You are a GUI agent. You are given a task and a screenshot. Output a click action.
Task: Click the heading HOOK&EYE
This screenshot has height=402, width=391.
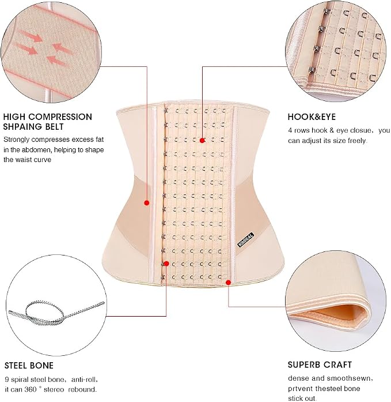point(312,117)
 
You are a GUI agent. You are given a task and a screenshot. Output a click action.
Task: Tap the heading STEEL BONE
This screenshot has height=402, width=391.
point(29,365)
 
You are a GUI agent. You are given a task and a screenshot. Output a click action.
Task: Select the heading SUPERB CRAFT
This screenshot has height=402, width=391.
point(320,365)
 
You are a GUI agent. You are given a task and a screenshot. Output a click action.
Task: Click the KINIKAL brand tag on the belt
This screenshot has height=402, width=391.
point(246,240)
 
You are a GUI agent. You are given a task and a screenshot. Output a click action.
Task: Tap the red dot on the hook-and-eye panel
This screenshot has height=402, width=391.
point(202,140)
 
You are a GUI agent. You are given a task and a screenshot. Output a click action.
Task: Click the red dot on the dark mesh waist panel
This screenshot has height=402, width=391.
point(147,203)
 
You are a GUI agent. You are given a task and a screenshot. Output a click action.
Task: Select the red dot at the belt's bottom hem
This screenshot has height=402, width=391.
point(229,282)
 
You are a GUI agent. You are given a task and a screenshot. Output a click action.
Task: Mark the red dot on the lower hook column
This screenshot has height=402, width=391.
point(166,264)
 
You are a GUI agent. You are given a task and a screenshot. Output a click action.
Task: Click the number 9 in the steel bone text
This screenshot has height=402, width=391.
point(7,380)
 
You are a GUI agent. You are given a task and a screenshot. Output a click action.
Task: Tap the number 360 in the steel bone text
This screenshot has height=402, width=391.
point(31,389)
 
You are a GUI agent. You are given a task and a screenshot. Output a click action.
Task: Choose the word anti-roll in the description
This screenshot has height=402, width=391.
point(84,380)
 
